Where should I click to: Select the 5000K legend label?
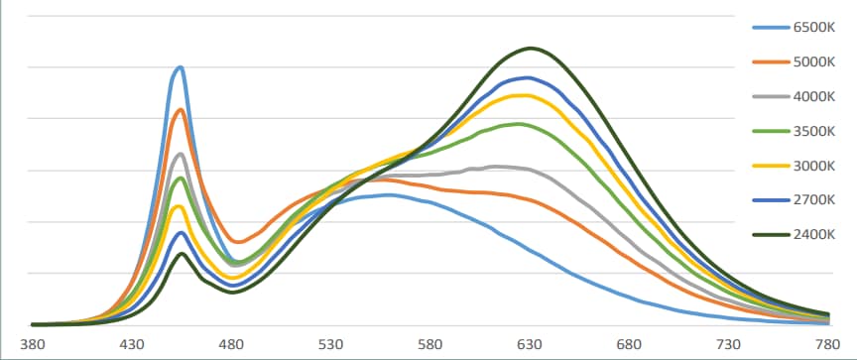[x=814, y=62]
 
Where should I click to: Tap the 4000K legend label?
[x=814, y=97]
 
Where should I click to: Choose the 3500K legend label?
[x=814, y=131]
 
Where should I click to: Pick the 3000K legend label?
[x=814, y=166]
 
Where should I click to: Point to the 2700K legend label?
[x=814, y=199]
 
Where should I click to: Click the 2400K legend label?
[x=814, y=234]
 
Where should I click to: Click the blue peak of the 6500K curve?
[x=180, y=67]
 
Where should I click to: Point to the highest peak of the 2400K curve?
[x=532, y=48]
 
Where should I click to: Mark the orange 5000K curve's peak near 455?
[x=181, y=109]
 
